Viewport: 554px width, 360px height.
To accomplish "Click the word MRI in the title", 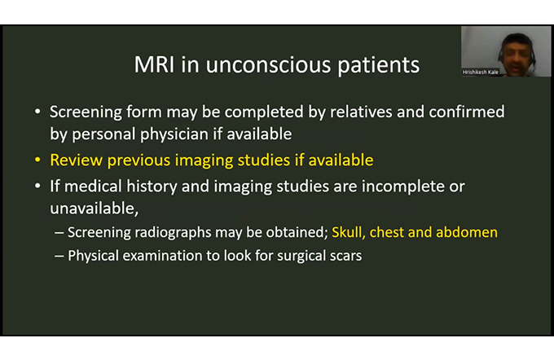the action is click(x=154, y=64).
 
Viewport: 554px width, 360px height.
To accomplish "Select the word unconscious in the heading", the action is click(x=268, y=64).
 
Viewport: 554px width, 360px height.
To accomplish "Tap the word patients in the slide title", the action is click(x=378, y=66).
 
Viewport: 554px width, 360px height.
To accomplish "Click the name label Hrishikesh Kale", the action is click(x=480, y=72).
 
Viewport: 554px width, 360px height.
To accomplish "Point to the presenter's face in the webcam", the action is click(x=517, y=54).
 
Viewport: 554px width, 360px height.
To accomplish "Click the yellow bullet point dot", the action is click(x=37, y=160).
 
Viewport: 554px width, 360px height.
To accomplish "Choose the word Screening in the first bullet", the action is click(x=86, y=112).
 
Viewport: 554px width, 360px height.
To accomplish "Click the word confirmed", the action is click(x=467, y=112).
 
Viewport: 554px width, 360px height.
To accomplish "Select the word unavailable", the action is click(x=94, y=209).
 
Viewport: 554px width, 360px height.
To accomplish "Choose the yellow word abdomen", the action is click(x=467, y=232).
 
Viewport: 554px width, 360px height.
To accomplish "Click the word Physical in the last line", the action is click(x=93, y=256).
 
